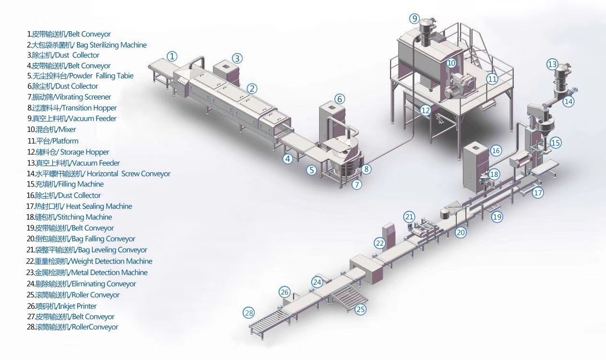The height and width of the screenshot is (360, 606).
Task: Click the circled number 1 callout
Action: [x=172, y=56]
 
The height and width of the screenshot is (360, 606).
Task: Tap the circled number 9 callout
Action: [x=414, y=19]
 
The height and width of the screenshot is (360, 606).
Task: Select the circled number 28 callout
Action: [x=249, y=313]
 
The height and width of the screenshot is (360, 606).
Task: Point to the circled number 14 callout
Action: [x=569, y=101]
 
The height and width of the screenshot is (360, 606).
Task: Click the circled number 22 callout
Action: [x=380, y=243]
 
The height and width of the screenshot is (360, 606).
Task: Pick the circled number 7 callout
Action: [x=356, y=184]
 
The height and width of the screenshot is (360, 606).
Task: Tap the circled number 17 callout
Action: [x=538, y=193]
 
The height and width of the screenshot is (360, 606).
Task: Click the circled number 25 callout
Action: [x=360, y=310]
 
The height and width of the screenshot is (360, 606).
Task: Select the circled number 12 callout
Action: [x=425, y=110]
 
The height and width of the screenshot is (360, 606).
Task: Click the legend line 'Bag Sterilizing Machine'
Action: [x=86, y=45]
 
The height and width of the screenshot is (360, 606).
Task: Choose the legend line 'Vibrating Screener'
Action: [x=69, y=97]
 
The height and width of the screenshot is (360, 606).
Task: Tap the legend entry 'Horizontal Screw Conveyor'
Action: [x=98, y=174]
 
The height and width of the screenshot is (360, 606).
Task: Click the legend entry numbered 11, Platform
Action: [x=53, y=141]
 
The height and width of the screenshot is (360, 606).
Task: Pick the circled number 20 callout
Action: [x=461, y=232]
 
